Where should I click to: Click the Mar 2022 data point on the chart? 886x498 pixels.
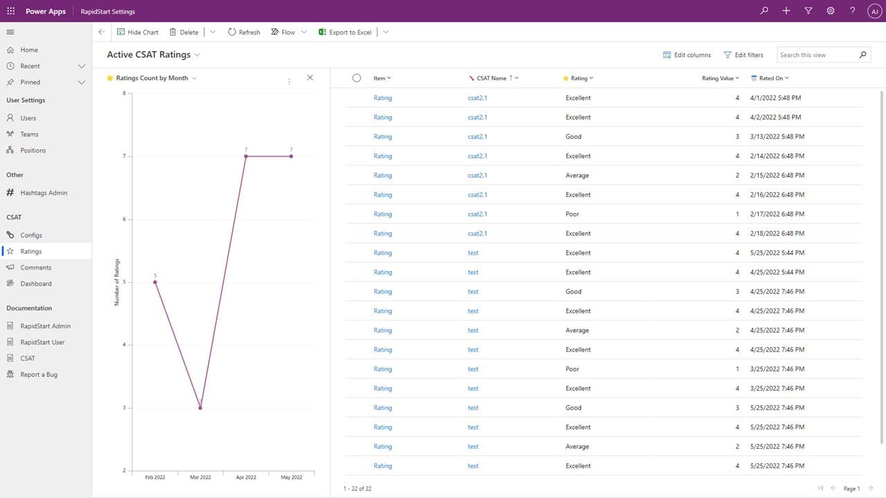click(x=200, y=407)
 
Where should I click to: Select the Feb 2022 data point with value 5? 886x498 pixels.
click(x=155, y=282)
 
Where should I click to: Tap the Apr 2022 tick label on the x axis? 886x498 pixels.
click(x=246, y=477)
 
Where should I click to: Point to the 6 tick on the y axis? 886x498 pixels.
click(x=124, y=219)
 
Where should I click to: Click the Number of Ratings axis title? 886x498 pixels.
click(x=117, y=282)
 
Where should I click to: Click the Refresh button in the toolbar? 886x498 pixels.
click(x=244, y=32)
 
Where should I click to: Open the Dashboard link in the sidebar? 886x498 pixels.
click(x=36, y=284)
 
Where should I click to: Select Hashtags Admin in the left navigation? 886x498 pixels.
click(x=44, y=193)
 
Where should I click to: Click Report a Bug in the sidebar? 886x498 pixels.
click(x=39, y=374)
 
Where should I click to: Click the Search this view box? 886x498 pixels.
click(x=817, y=55)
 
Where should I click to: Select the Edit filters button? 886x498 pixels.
click(x=743, y=55)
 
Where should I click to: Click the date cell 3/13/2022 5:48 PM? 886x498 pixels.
click(x=777, y=136)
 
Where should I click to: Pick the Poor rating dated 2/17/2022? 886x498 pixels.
click(x=572, y=214)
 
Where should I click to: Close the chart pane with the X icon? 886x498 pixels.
click(x=309, y=77)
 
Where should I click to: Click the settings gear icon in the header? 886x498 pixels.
click(x=831, y=11)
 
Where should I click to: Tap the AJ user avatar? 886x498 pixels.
click(x=874, y=11)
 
